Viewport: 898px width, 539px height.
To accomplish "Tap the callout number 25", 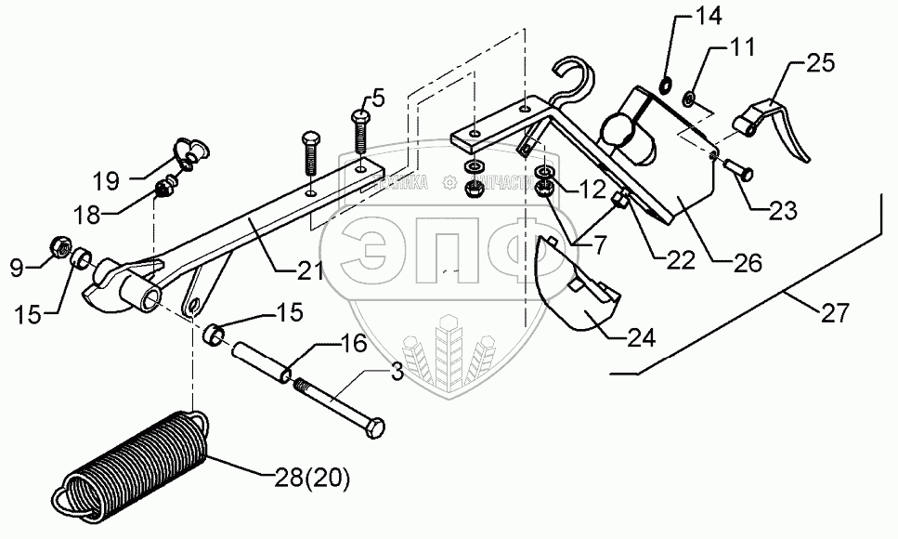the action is pyautogui.click(x=821, y=64).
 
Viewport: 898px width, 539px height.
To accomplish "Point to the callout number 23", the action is pyautogui.click(x=782, y=210).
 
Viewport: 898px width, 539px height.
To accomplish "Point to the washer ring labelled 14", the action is pyautogui.click(x=665, y=86).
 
